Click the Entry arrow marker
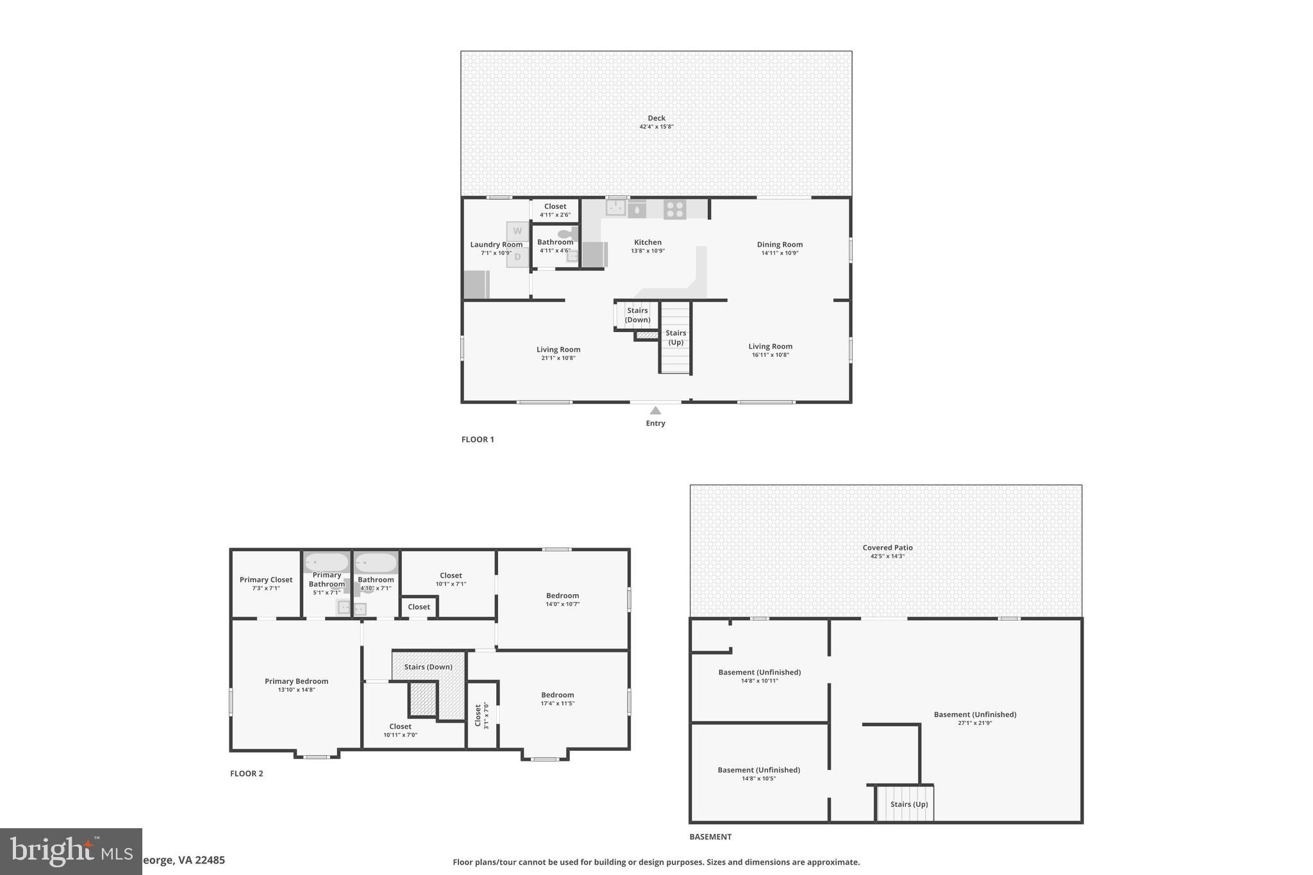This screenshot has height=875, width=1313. point(655,411)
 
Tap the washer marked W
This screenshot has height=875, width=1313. point(517,231)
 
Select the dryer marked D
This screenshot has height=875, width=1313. point(517,258)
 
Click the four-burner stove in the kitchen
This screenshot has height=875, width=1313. point(674,209)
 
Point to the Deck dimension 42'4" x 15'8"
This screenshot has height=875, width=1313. point(656,127)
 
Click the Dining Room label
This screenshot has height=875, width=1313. point(780,244)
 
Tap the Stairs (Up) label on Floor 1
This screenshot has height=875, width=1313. point(676,337)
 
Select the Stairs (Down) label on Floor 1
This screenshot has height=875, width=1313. point(637,315)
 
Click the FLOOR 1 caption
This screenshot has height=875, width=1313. point(478,440)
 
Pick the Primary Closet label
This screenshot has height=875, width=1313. point(266,579)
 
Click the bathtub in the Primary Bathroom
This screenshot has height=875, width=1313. point(326,563)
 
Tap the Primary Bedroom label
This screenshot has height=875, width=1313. point(296,681)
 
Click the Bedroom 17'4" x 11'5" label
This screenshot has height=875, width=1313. point(557,695)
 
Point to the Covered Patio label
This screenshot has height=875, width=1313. point(887,547)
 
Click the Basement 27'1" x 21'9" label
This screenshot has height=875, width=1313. point(974,715)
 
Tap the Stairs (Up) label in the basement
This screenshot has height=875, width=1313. point(908,804)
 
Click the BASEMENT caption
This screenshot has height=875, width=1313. point(710,837)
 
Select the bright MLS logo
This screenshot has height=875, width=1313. point(71,851)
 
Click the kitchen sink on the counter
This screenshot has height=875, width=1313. point(616,208)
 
